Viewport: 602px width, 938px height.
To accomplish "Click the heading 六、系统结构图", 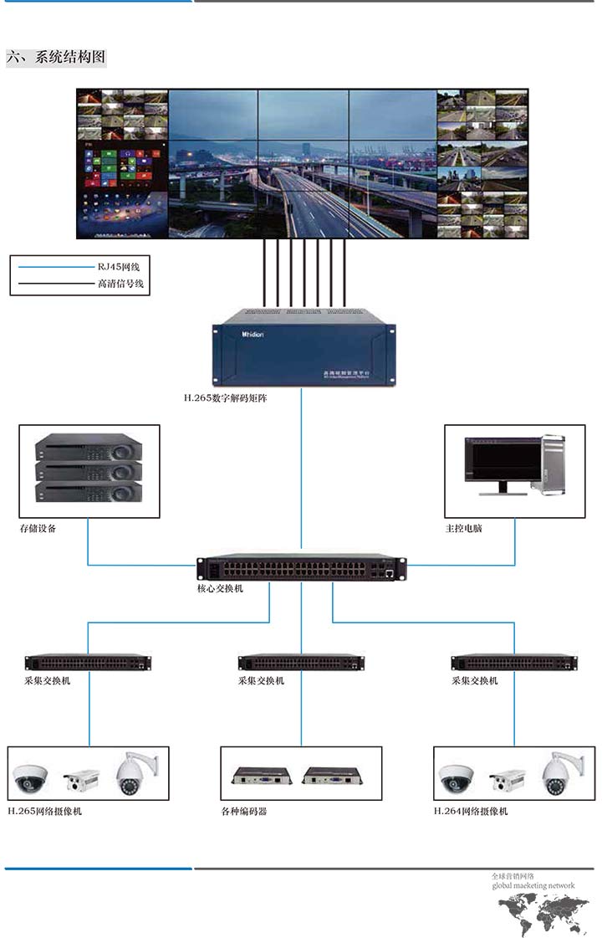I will coord(57,58).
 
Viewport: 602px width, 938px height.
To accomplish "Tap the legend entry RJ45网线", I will coord(119,266).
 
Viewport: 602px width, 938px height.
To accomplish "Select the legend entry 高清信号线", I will coord(121,284).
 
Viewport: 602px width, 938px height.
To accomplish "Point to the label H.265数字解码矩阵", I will coord(226,398).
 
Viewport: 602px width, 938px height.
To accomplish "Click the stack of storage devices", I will coord(89,468).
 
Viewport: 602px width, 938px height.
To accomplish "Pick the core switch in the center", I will coord(301,569).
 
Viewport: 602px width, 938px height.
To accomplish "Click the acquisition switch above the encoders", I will coord(302,663).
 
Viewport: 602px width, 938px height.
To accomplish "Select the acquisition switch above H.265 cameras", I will coord(89,663).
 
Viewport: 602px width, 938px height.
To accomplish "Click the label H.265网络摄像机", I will coord(45,811).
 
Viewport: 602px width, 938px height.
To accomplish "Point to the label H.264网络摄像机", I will coord(471,811).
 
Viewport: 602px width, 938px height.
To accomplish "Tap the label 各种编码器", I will coord(244,811).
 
